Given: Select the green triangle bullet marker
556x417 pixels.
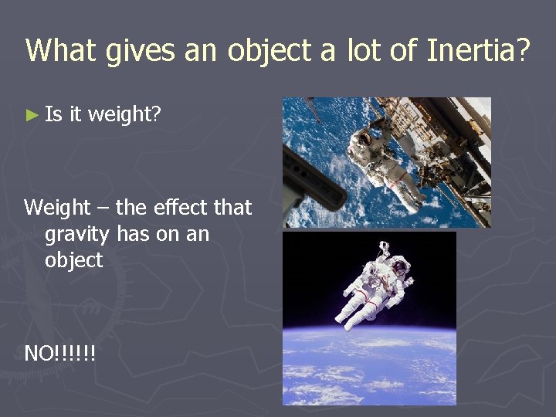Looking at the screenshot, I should [31, 116].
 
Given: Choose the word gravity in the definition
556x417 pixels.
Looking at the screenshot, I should [76, 235].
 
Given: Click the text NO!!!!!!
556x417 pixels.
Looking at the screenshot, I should [60, 354].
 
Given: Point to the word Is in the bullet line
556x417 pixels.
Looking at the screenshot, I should [53, 116].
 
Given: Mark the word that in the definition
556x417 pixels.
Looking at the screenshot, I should [232, 208].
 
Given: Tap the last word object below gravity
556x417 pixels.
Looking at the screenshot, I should [73, 261].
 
